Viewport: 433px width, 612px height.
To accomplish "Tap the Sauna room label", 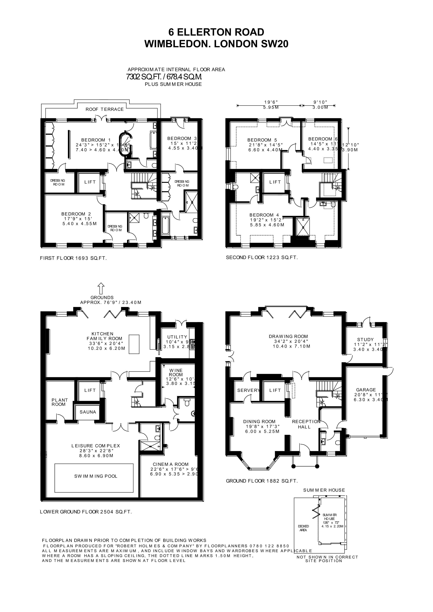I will (x=88, y=412).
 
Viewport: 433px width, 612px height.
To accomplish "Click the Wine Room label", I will (x=176, y=372).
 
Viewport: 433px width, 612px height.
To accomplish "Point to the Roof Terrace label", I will (x=105, y=109).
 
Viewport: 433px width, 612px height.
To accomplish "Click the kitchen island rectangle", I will (x=134, y=344).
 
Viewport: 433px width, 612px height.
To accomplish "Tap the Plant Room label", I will (x=60, y=402).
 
